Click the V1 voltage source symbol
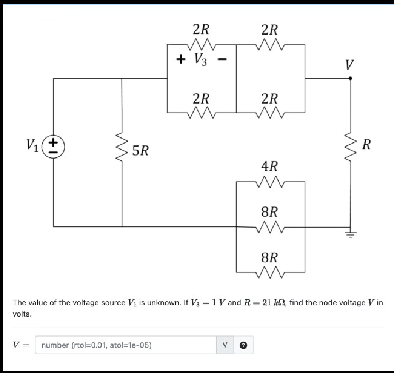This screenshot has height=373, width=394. (54, 147)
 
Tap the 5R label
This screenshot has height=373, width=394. (141, 150)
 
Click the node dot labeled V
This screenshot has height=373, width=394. (350, 78)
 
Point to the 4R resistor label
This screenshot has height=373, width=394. (269, 166)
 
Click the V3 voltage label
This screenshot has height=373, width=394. (201, 59)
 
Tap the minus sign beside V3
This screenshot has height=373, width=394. (222, 59)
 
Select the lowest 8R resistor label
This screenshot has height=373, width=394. (269, 258)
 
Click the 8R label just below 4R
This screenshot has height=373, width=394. (269, 212)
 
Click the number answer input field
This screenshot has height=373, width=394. (125, 345)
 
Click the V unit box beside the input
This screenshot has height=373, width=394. (225, 345)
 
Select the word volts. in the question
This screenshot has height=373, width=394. (22, 314)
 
